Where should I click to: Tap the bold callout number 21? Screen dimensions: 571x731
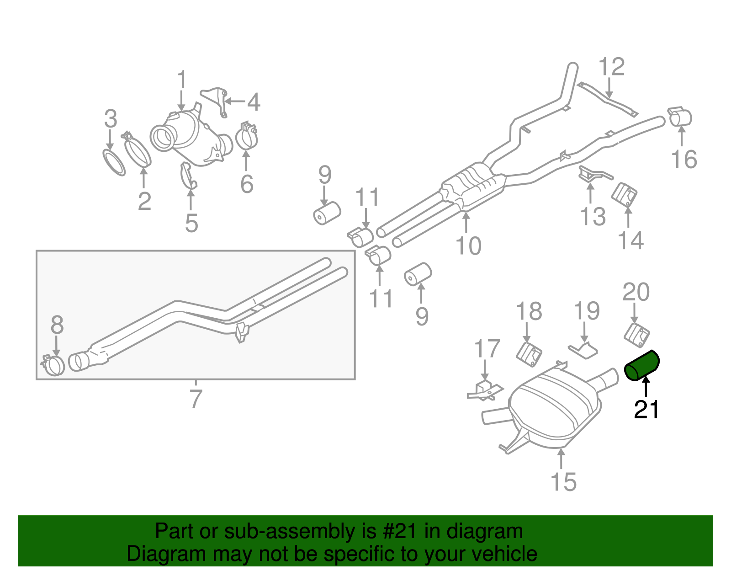coord(646,410)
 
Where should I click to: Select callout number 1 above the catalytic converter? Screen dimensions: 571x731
coord(182,80)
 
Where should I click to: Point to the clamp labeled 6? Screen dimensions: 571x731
coord(247,136)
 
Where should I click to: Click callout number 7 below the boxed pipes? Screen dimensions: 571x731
coord(196,399)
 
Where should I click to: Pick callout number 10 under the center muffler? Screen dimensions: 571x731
coord(468,246)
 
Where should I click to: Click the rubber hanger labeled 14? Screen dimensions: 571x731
coord(625,196)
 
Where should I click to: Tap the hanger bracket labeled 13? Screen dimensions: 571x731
coord(592,175)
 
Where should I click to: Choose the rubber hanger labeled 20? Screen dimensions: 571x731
coord(636,335)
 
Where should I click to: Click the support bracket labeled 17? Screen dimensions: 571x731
coord(485,391)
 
